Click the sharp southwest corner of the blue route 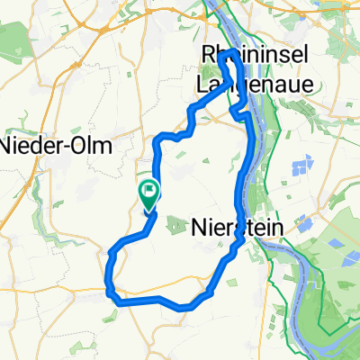click(x=111, y=292)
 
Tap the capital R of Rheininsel click(x=206, y=57)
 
